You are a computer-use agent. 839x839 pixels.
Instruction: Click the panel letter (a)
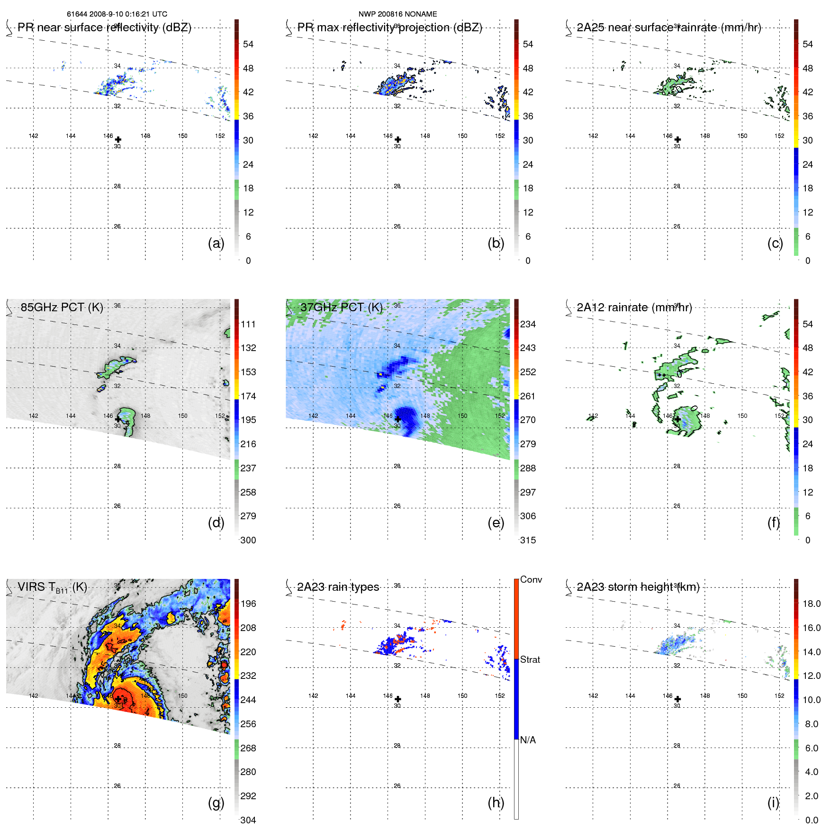[x=216, y=244]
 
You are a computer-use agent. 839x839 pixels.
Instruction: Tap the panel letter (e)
[x=496, y=523]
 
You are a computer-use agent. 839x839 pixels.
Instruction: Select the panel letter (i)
[x=773, y=803]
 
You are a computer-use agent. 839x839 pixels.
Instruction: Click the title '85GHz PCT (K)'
[x=62, y=307]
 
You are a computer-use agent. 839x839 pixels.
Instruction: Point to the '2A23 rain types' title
[x=338, y=587]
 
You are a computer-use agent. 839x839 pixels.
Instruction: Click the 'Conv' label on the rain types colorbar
[x=531, y=579]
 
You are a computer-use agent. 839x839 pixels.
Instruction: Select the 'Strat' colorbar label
[x=530, y=659]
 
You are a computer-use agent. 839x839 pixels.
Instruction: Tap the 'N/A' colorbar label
[x=528, y=740]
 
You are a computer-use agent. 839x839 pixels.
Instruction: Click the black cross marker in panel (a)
[x=118, y=140]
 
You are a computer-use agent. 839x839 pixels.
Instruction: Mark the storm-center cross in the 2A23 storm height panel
[x=677, y=699]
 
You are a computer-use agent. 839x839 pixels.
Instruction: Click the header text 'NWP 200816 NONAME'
[x=397, y=14]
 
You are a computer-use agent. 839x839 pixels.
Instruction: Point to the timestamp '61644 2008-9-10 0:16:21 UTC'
[x=117, y=14]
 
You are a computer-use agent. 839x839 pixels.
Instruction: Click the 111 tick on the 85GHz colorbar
[x=248, y=324]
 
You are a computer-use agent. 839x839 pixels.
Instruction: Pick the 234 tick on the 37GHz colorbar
[x=528, y=324]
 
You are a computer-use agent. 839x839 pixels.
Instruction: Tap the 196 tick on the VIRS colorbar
[x=248, y=604]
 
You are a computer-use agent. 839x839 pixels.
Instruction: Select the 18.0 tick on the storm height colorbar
[x=811, y=604]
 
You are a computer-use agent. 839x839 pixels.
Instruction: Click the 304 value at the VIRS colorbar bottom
[x=248, y=820]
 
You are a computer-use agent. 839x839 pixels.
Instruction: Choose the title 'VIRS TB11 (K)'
[x=52, y=587]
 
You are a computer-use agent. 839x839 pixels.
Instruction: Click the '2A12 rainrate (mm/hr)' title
[x=634, y=307]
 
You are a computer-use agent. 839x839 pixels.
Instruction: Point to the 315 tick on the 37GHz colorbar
[x=528, y=540]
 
